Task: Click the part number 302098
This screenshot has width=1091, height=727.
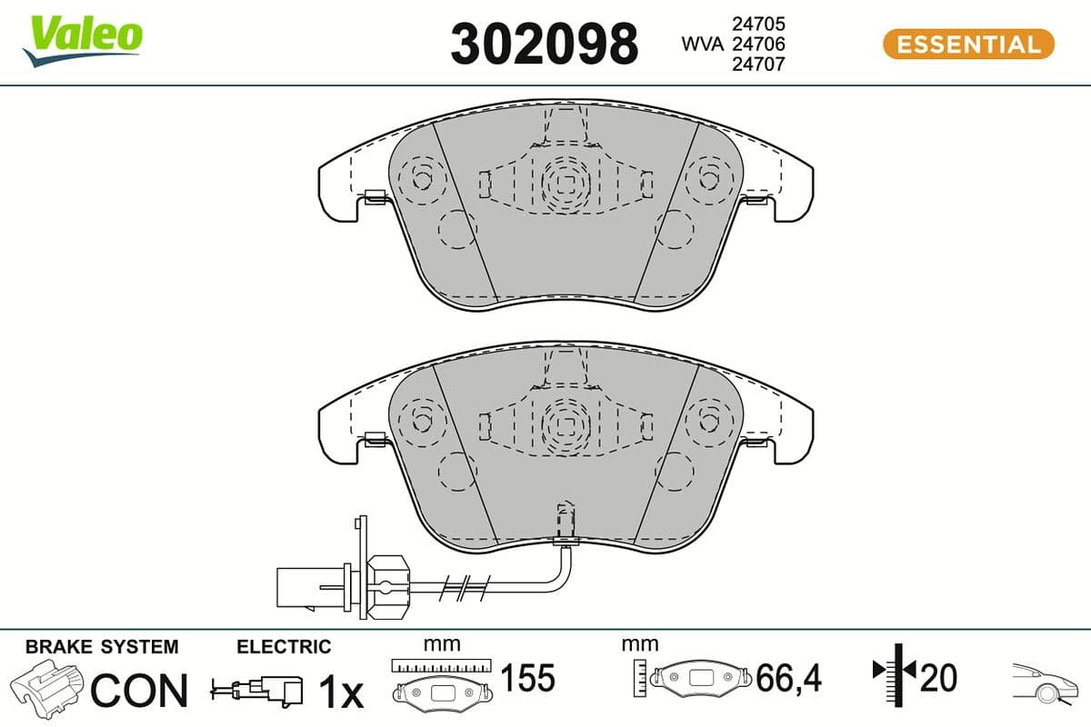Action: tap(544, 44)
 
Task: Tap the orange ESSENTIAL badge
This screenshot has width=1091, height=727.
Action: tap(968, 44)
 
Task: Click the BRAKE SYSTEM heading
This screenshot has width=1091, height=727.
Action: tap(102, 647)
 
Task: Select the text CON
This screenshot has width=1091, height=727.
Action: tap(138, 691)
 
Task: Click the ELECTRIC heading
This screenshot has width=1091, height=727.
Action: tap(284, 647)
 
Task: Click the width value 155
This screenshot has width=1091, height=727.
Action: tap(528, 678)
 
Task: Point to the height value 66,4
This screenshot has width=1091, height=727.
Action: tap(788, 678)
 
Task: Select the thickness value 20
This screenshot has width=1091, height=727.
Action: tap(939, 678)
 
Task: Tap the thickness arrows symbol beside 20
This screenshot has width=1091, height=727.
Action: tap(896, 672)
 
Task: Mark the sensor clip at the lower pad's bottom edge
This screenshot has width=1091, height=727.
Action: tap(566, 540)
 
